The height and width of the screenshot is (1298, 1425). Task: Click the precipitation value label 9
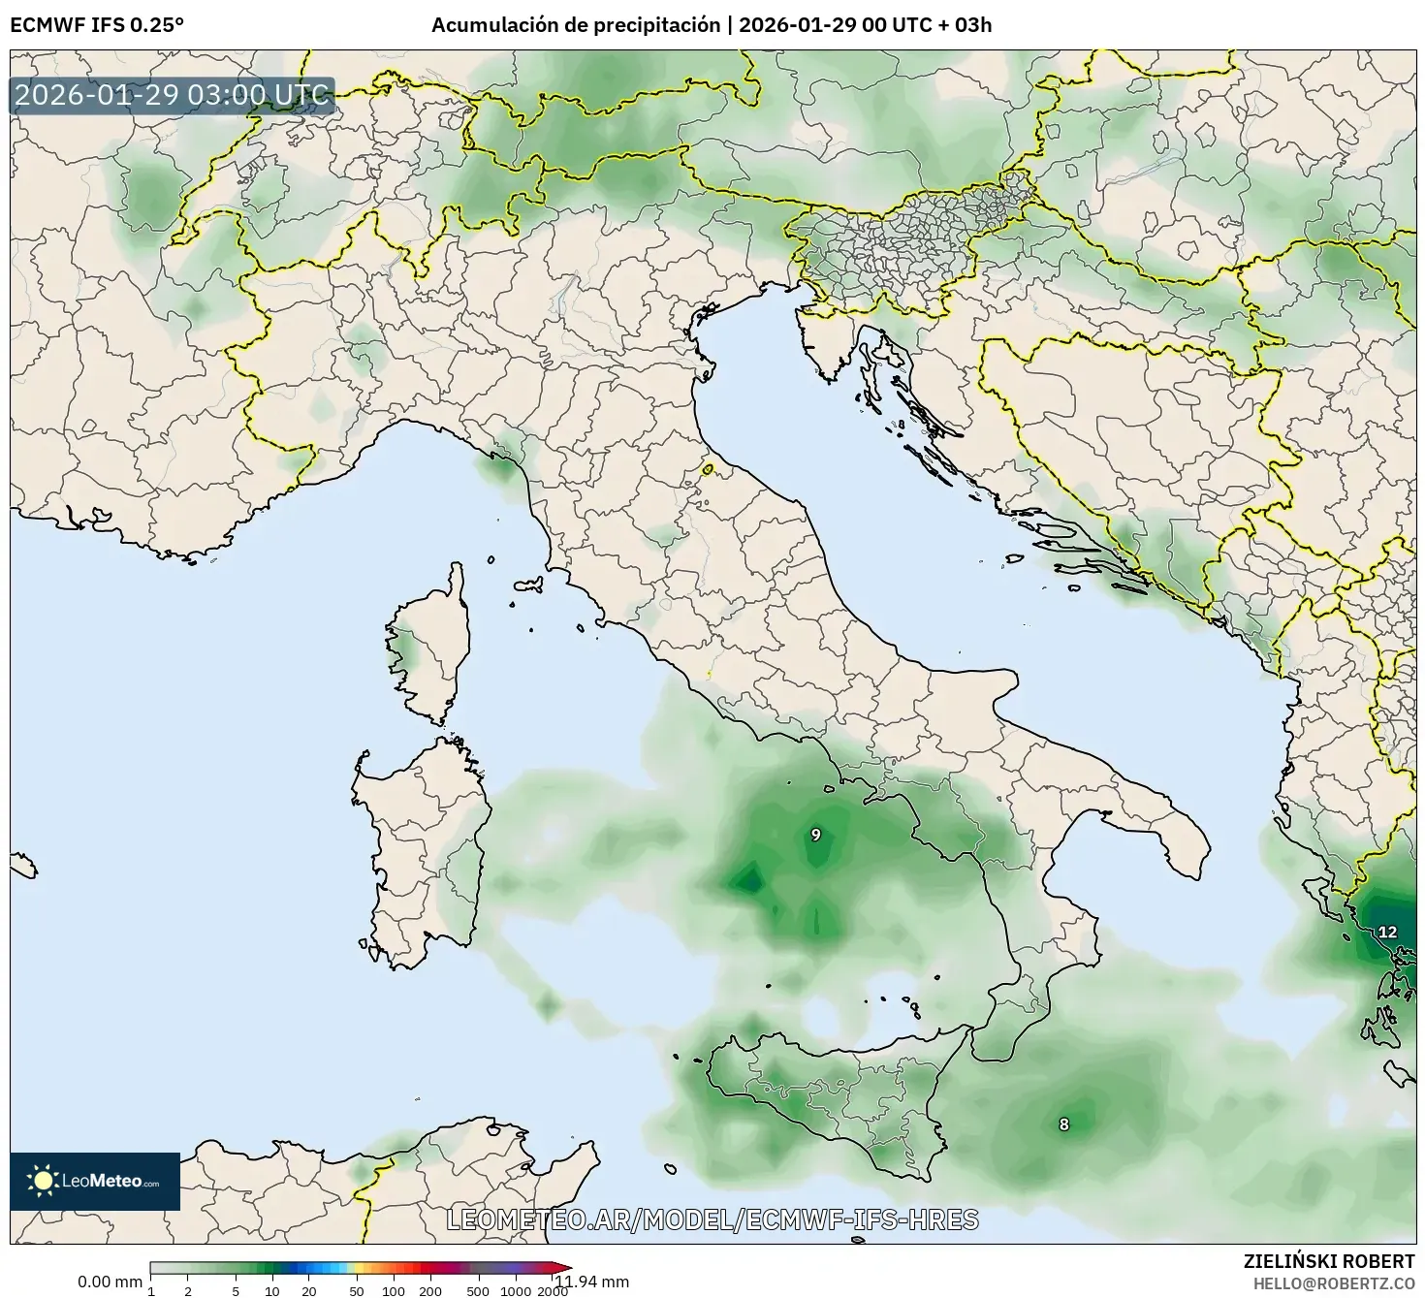coord(815,835)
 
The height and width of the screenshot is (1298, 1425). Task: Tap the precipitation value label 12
coord(1387,932)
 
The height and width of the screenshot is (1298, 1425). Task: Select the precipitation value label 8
coord(1063,1124)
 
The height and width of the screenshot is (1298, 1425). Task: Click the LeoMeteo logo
coord(95,1181)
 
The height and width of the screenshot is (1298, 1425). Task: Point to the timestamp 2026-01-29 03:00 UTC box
coord(172,95)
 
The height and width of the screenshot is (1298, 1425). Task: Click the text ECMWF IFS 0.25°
coord(97,25)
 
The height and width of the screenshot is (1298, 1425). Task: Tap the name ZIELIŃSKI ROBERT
coord(1328,1261)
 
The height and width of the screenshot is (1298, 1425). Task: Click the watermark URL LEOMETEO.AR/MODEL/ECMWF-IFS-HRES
coord(712,1219)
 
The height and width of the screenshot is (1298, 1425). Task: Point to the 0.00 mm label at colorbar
coord(110,1282)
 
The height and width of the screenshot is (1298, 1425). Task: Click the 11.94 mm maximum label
coord(591,1282)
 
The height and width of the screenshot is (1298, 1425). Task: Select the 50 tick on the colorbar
coord(357,1290)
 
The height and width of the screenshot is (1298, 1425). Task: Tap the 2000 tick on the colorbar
coord(553,1290)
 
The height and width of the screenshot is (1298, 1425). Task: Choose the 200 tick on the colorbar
coord(429,1290)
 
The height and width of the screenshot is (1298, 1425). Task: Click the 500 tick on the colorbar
coord(478,1290)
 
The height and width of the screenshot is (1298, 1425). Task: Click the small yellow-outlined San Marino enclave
coord(708,469)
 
